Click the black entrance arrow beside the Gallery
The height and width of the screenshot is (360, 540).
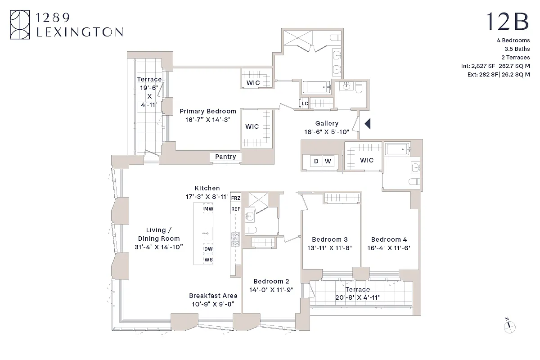point(367,123)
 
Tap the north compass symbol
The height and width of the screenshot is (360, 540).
point(509,327)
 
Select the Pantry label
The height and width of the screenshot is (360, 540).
point(225,157)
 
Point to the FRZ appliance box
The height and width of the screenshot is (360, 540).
point(235,198)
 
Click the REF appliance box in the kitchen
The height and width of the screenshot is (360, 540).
point(235,209)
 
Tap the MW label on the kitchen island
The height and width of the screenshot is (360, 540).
point(208,209)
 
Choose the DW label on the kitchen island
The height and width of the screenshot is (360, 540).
point(208,249)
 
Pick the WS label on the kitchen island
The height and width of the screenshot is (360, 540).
point(208,260)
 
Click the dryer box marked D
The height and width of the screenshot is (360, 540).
point(316,161)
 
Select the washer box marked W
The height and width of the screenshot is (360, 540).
point(328,161)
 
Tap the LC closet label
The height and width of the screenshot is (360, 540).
point(305,103)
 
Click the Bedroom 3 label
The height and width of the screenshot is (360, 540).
point(330,239)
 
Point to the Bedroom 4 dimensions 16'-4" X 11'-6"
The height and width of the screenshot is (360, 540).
point(389,247)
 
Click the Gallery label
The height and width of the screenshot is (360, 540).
point(327,123)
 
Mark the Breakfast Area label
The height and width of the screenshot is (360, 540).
point(213,296)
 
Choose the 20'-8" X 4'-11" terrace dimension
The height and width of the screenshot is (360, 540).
point(357,297)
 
